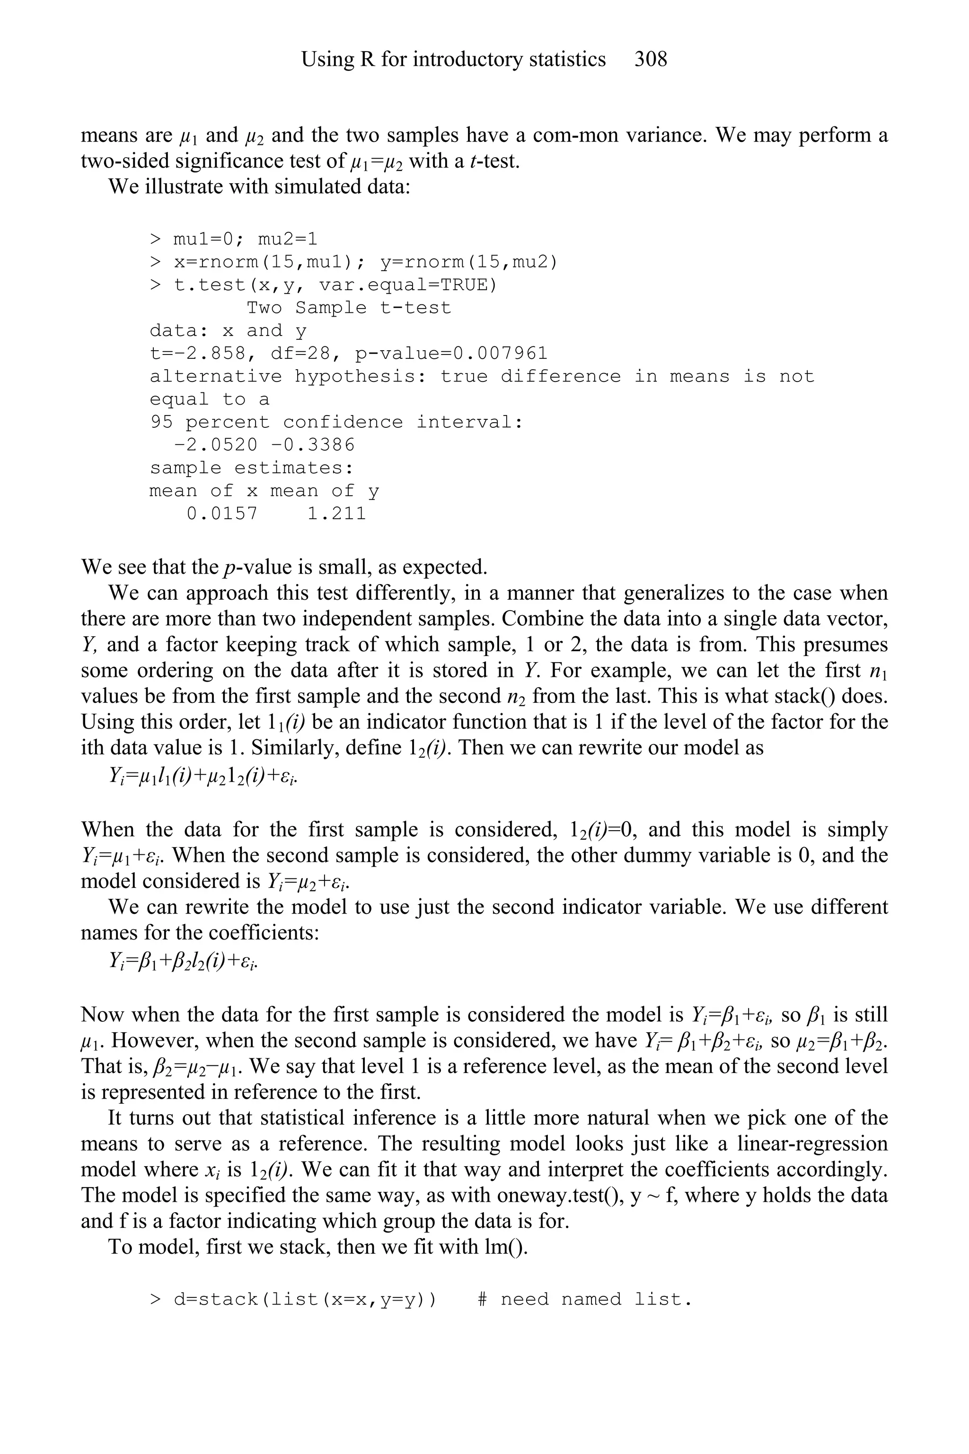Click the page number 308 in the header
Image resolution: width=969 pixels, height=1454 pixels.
pos(651,59)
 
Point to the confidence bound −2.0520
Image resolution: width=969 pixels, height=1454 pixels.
pos(216,445)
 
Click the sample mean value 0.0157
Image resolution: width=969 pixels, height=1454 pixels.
pos(222,514)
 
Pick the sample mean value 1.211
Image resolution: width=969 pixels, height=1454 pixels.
pos(337,514)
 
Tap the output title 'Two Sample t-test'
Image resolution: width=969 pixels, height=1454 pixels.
pos(349,308)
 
